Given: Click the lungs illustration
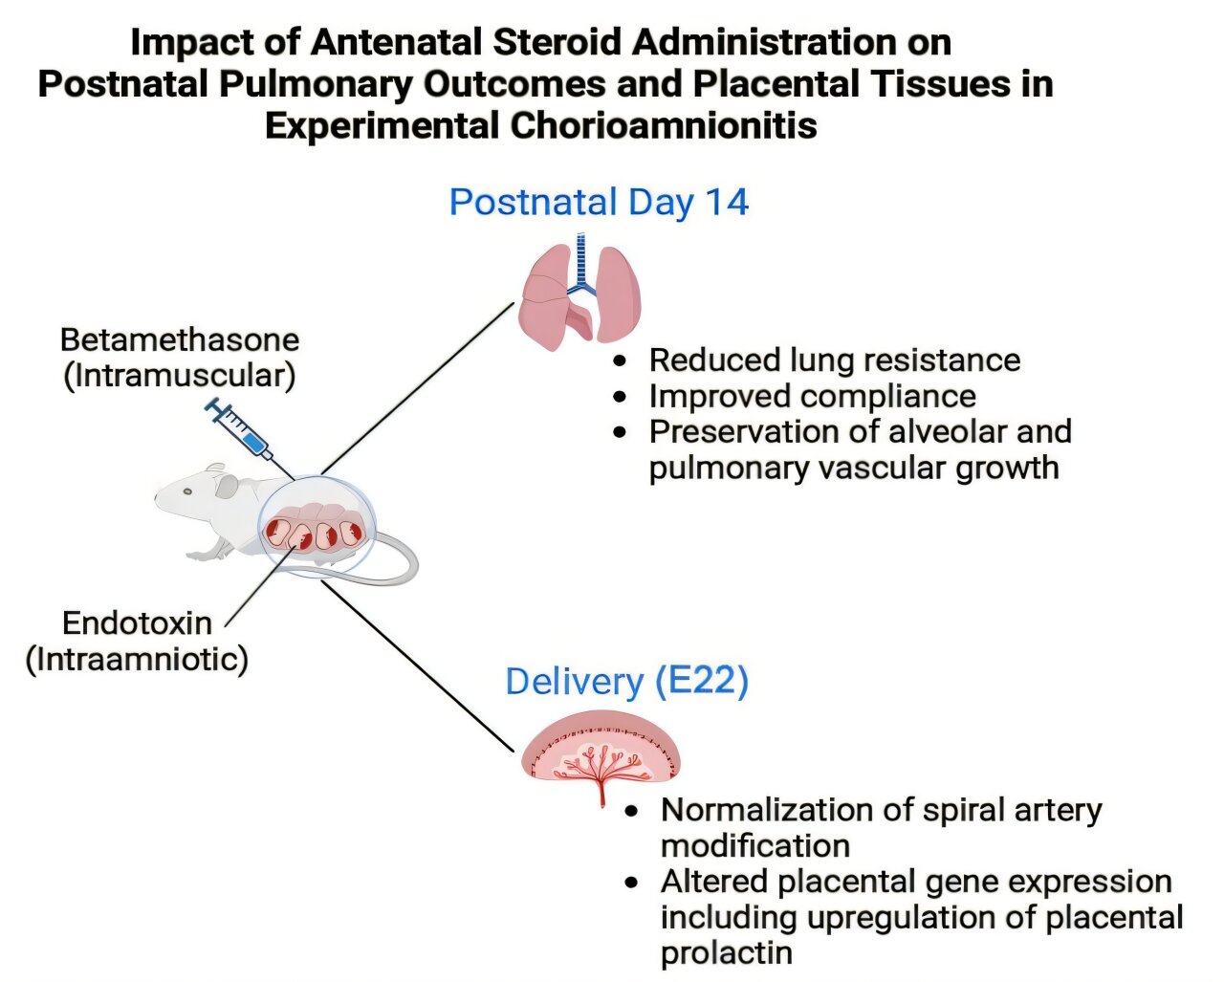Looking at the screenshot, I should coord(579,292).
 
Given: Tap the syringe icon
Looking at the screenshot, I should coord(240,430).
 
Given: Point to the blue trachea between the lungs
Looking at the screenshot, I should coord(579,263).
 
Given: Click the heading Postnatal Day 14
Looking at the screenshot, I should coord(599,203).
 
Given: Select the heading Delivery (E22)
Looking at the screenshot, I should coord(626,681).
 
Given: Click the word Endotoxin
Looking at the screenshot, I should coord(137,623).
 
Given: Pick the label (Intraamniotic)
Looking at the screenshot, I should coord(137,659).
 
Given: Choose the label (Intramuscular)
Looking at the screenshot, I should coord(180,375).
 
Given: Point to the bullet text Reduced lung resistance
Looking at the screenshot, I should coord(834,360).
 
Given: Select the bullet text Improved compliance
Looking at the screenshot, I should coord(812,396).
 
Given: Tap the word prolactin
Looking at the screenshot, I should coord(726,952).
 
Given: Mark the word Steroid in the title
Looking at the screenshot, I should coord(557,42).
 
